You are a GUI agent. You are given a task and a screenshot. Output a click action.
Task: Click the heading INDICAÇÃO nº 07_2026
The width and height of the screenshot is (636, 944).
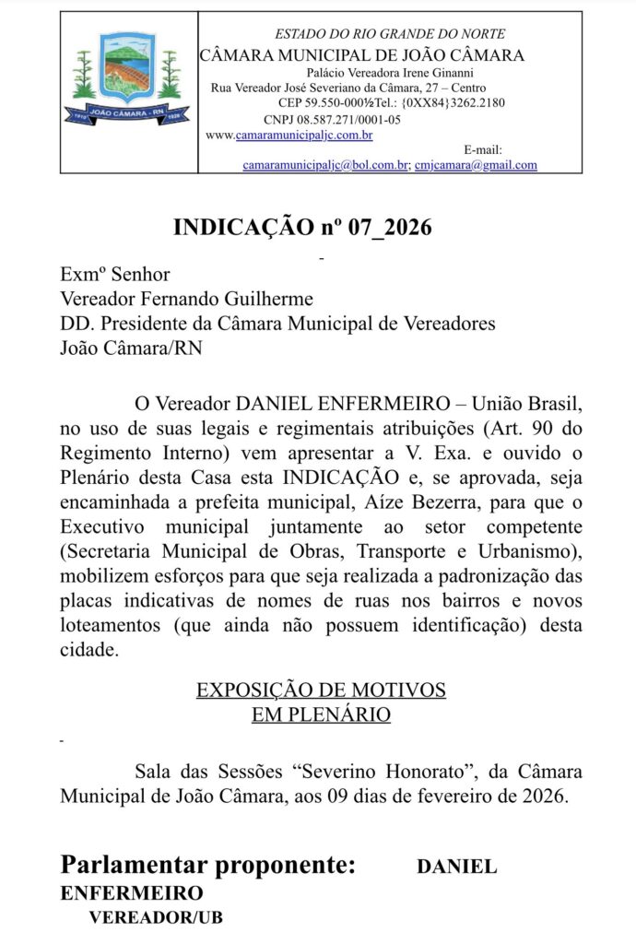point(302,228)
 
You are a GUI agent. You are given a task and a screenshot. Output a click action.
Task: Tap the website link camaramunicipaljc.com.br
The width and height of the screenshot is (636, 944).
point(303,136)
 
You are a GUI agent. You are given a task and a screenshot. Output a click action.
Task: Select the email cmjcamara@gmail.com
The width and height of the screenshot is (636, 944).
point(476,165)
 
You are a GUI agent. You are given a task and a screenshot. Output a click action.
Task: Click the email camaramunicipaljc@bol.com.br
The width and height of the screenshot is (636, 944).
point(325,165)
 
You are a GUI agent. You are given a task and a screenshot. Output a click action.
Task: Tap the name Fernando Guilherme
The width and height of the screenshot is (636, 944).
point(229,299)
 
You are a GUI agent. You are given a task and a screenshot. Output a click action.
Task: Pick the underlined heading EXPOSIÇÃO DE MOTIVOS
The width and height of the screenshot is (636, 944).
point(321,690)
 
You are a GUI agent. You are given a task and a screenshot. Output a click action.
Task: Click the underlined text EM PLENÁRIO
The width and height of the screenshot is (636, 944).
point(321,714)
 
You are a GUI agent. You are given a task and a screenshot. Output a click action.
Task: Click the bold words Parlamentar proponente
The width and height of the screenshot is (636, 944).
point(207,866)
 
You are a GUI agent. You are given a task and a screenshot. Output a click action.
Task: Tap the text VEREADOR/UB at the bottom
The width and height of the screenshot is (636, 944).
point(155,918)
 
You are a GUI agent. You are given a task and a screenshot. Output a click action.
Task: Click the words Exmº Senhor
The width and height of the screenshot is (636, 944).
point(115,274)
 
